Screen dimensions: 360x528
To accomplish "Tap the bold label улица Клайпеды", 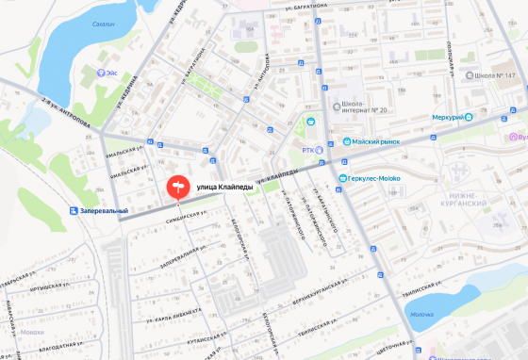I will [224, 188].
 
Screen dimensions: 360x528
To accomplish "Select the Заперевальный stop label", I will [104, 210].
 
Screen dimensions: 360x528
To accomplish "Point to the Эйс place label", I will [112, 72].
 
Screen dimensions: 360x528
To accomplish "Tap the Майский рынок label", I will [376, 142].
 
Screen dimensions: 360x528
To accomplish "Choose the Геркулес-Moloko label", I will [381, 178].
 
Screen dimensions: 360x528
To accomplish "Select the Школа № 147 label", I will [498, 74].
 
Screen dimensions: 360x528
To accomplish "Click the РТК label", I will [308, 149].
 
